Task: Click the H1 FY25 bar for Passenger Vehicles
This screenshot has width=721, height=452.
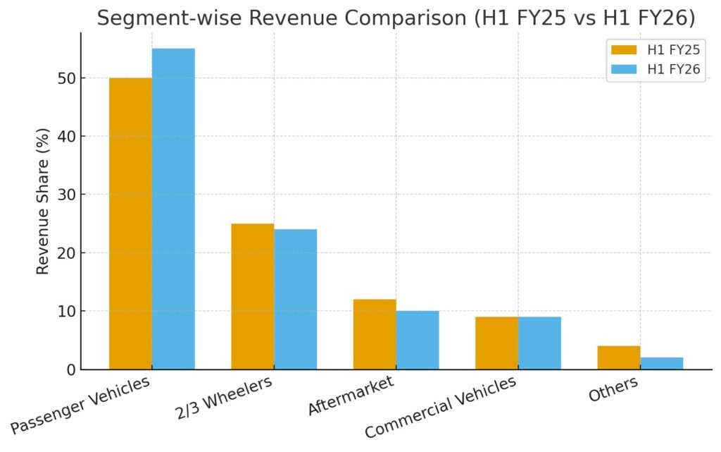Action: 130,224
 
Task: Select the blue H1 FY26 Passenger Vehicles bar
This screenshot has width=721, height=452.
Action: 173,209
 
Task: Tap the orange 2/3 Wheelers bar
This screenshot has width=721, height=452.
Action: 252,296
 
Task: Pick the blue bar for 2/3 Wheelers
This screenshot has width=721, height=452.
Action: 295,299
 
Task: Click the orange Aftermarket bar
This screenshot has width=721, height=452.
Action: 375,334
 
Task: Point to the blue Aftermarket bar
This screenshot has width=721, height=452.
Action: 418,340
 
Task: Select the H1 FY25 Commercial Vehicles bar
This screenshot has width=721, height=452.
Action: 496,343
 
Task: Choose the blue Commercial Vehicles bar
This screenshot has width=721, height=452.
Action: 539,343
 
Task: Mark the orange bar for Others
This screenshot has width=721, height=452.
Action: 619,358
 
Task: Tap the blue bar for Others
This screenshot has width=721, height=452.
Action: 662,363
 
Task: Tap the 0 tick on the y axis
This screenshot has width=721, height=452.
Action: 71,369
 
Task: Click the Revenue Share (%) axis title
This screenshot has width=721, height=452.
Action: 43,202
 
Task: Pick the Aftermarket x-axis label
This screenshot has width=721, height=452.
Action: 350,396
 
